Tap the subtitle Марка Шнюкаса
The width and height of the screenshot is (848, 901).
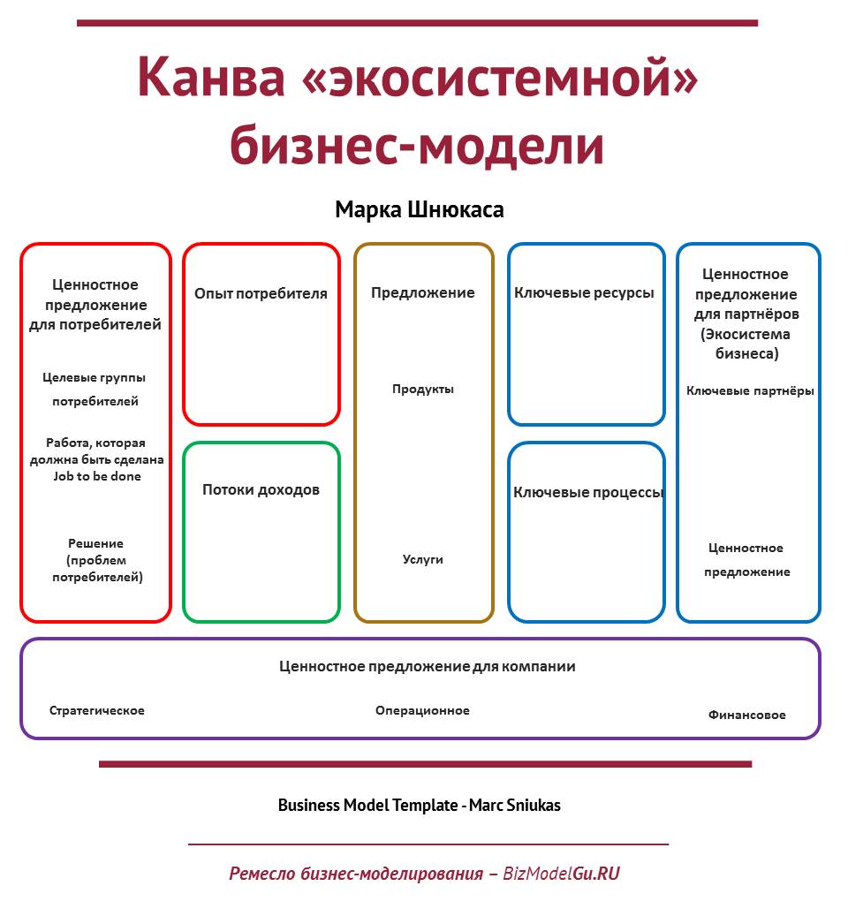pyautogui.click(x=420, y=209)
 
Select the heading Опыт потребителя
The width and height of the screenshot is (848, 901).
pyautogui.click(x=261, y=293)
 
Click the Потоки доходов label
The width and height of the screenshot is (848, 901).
pyautogui.click(x=261, y=489)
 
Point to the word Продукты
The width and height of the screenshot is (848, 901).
pyautogui.click(x=423, y=389)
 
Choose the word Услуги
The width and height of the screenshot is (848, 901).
pyautogui.click(x=423, y=559)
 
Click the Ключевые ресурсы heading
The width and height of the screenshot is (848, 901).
pyautogui.click(x=584, y=293)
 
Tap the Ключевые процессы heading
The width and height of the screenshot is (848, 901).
pyautogui.click(x=588, y=492)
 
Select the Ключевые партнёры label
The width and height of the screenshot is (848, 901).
pyautogui.click(x=750, y=390)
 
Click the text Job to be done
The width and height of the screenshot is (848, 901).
pyautogui.click(x=97, y=476)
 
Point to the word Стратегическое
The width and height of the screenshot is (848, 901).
pyautogui.click(x=96, y=711)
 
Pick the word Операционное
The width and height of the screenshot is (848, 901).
pyautogui.click(x=422, y=711)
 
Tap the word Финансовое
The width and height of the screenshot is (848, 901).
pyautogui.click(x=747, y=715)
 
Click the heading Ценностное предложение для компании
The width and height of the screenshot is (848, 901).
pyautogui.click(x=427, y=667)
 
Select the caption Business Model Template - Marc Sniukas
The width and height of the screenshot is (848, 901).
pyautogui.click(x=420, y=805)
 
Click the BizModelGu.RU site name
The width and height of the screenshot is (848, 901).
pyautogui.click(x=561, y=874)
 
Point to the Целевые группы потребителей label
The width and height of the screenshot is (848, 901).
pyautogui.click(x=95, y=389)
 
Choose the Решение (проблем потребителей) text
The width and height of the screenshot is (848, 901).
pyautogui.click(x=96, y=560)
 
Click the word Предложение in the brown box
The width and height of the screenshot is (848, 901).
pyautogui.click(x=423, y=293)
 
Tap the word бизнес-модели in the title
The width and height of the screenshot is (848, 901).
pyautogui.click(x=417, y=145)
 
